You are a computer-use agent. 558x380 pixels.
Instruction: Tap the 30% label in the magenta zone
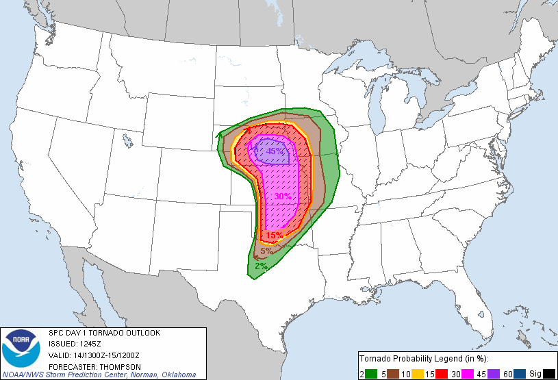[283, 197]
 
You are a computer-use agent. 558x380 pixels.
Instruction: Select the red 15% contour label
[275, 236]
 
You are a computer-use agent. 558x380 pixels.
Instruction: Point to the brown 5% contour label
[266, 251]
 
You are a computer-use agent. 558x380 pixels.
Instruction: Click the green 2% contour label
[261, 266]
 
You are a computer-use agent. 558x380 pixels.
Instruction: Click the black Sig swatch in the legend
[549, 373]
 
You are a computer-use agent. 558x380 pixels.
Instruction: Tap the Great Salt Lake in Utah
[127, 142]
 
